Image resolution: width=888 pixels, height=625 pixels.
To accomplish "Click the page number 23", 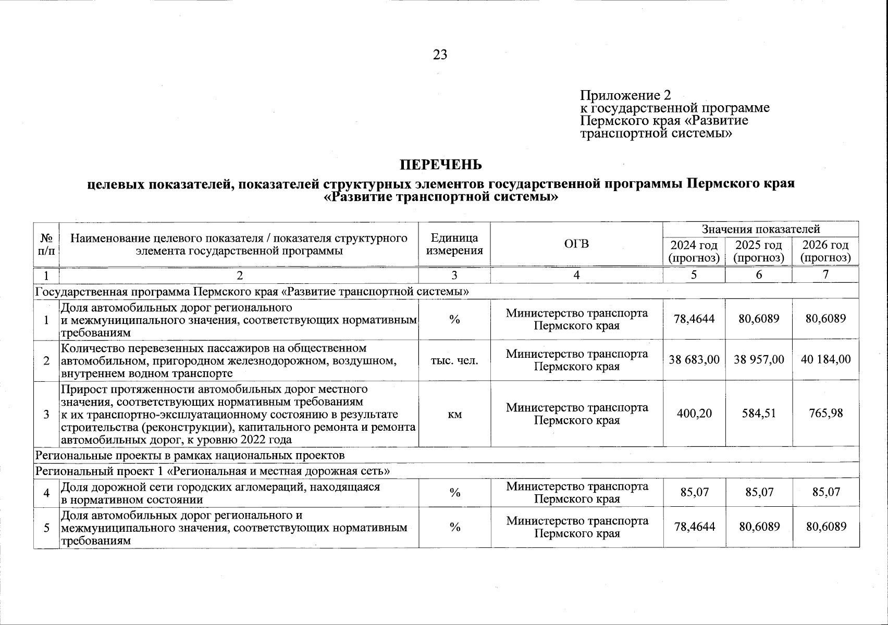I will (x=440, y=55).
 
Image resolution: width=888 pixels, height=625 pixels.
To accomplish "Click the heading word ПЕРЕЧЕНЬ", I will (x=440, y=165).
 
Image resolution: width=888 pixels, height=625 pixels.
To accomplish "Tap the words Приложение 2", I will (x=625, y=95).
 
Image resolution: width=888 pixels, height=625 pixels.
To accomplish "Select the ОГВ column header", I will (x=576, y=244).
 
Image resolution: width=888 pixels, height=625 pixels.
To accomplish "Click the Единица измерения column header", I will (x=454, y=244).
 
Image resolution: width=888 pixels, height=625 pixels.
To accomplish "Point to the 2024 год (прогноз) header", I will (x=694, y=251).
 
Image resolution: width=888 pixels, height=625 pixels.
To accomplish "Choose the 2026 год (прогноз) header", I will (x=825, y=251).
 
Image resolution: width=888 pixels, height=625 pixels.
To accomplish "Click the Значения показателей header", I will (x=760, y=229).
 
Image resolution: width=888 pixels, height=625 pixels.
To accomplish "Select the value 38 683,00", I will (x=694, y=359).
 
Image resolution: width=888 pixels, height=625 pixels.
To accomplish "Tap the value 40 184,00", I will (x=825, y=359).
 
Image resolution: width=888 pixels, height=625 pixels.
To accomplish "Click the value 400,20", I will (x=694, y=414).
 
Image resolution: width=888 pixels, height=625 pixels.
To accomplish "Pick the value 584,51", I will (x=759, y=414).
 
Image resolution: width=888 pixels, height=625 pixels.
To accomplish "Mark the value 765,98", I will (x=825, y=414).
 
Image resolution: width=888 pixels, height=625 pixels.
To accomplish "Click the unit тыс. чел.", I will (x=454, y=360).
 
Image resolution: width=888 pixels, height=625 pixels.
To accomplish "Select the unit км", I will (x=454, y=414).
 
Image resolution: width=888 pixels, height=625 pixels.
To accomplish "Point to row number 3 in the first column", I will (x=46, y=414).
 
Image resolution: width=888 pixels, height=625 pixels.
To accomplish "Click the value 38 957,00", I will (x=759, y=359).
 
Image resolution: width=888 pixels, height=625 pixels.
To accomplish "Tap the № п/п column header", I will (x=46, y=244).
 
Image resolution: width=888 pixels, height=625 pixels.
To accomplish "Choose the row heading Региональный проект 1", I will (x=212, y=471).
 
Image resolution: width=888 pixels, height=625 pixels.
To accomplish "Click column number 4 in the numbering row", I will (x=576, y=275).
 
